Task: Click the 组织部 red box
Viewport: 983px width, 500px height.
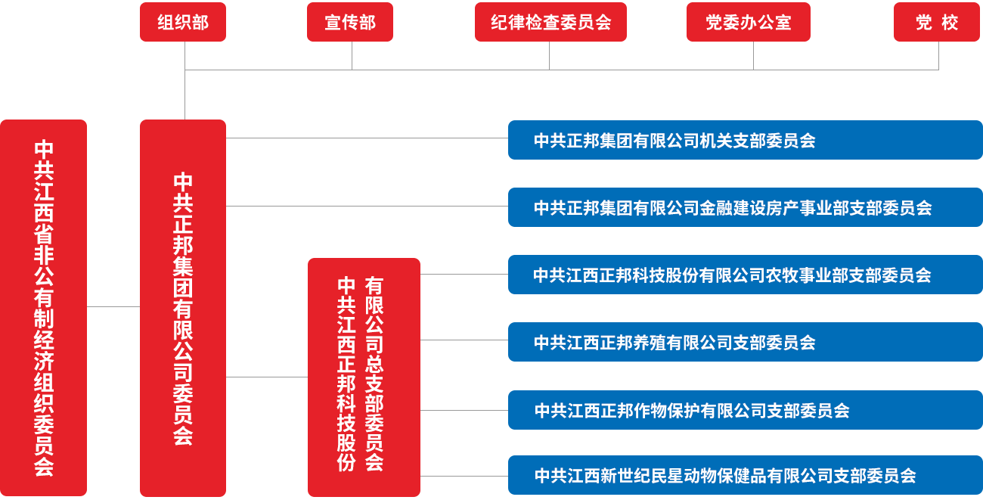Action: pos(183,23)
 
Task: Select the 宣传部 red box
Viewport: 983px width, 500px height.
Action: pos(350,23)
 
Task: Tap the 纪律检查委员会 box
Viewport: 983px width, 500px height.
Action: pos(550,23)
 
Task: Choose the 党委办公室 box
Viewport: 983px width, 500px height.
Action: pos(748,23)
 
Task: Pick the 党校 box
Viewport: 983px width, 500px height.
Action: pos(936,23)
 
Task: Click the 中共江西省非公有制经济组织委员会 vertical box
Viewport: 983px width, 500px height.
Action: pos(44,308)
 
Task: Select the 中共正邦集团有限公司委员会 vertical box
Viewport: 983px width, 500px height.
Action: pos(183,308)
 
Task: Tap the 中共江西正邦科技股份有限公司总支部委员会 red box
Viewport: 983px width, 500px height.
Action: pos(364,376)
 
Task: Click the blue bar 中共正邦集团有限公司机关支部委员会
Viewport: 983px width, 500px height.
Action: pos(745,141)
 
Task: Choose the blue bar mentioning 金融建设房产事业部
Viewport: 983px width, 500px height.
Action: pos(745,208)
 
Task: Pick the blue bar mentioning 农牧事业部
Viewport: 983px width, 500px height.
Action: pos(745,275)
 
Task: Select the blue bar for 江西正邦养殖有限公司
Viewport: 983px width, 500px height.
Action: pos(745,343)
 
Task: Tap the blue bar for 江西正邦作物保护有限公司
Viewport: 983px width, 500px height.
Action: pos(745,411)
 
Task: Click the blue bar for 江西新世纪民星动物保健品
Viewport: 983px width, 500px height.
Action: pos(745,476)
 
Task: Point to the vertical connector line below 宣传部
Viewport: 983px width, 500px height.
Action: pos(352,56)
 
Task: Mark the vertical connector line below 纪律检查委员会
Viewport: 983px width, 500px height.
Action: pos(550,56)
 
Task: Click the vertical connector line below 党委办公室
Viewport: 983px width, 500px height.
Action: pos(753,56)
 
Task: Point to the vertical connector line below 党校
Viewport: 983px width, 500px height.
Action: pos(938,56)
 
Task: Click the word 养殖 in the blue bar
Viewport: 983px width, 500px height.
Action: pos(650,343)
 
